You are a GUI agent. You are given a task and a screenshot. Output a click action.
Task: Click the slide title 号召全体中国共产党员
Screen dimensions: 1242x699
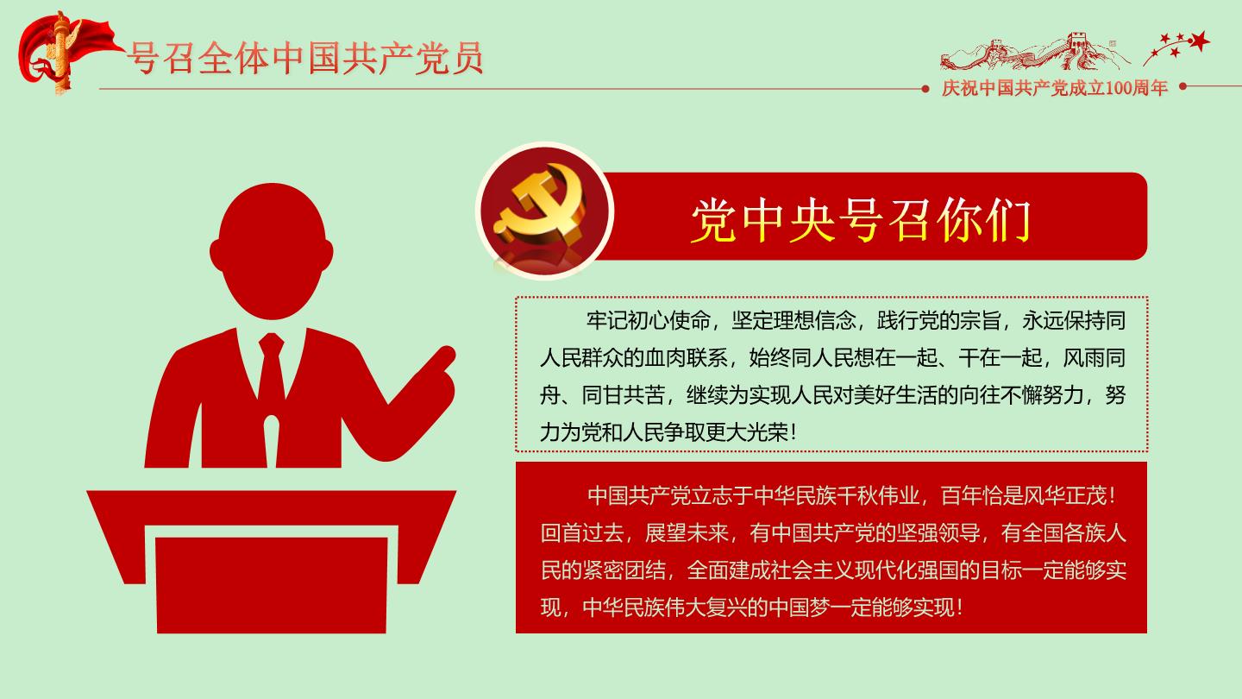coord(305,58)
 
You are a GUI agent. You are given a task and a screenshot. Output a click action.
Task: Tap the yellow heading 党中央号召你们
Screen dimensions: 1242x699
coord(861,220)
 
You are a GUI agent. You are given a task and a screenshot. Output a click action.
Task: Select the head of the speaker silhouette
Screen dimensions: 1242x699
coord(272,251)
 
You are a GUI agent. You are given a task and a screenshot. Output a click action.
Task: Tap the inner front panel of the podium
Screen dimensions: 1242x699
coord(272,585)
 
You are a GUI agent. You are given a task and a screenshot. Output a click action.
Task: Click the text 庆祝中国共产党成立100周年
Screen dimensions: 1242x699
coord(1055,88)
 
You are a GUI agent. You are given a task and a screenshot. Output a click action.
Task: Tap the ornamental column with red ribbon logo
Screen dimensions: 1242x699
coord(61,54)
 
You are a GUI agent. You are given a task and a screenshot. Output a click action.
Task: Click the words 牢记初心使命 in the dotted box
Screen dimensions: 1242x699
coord(649,321)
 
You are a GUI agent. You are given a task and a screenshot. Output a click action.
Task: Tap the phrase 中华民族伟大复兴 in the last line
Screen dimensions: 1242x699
coord(664,608)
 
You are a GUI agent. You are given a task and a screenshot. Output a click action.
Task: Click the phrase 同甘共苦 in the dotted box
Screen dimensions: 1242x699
coord(624,395)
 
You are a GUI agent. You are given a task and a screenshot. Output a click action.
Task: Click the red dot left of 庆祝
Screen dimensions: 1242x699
coord(925,89)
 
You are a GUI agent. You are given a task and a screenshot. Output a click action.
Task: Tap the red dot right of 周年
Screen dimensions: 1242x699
coord(1182,86)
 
